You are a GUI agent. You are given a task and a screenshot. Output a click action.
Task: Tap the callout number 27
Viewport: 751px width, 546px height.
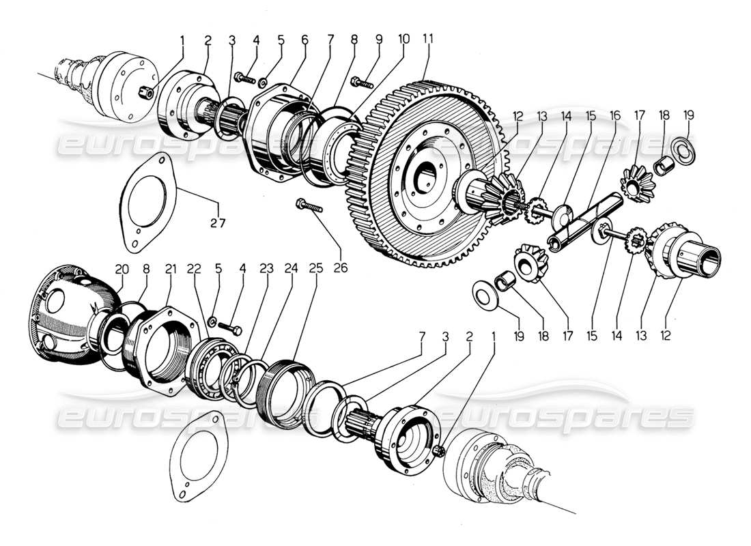[x=218, y=222]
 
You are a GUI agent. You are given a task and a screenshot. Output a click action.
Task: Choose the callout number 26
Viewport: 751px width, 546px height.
[x=340, y=268]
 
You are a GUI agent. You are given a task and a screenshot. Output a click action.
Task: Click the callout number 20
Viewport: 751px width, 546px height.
[x=121, y=270]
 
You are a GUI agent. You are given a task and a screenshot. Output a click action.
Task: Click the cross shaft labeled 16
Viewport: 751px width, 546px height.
[x=586, y=218]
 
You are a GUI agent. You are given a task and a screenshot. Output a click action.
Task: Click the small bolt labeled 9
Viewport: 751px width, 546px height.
[x=360, y=83]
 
